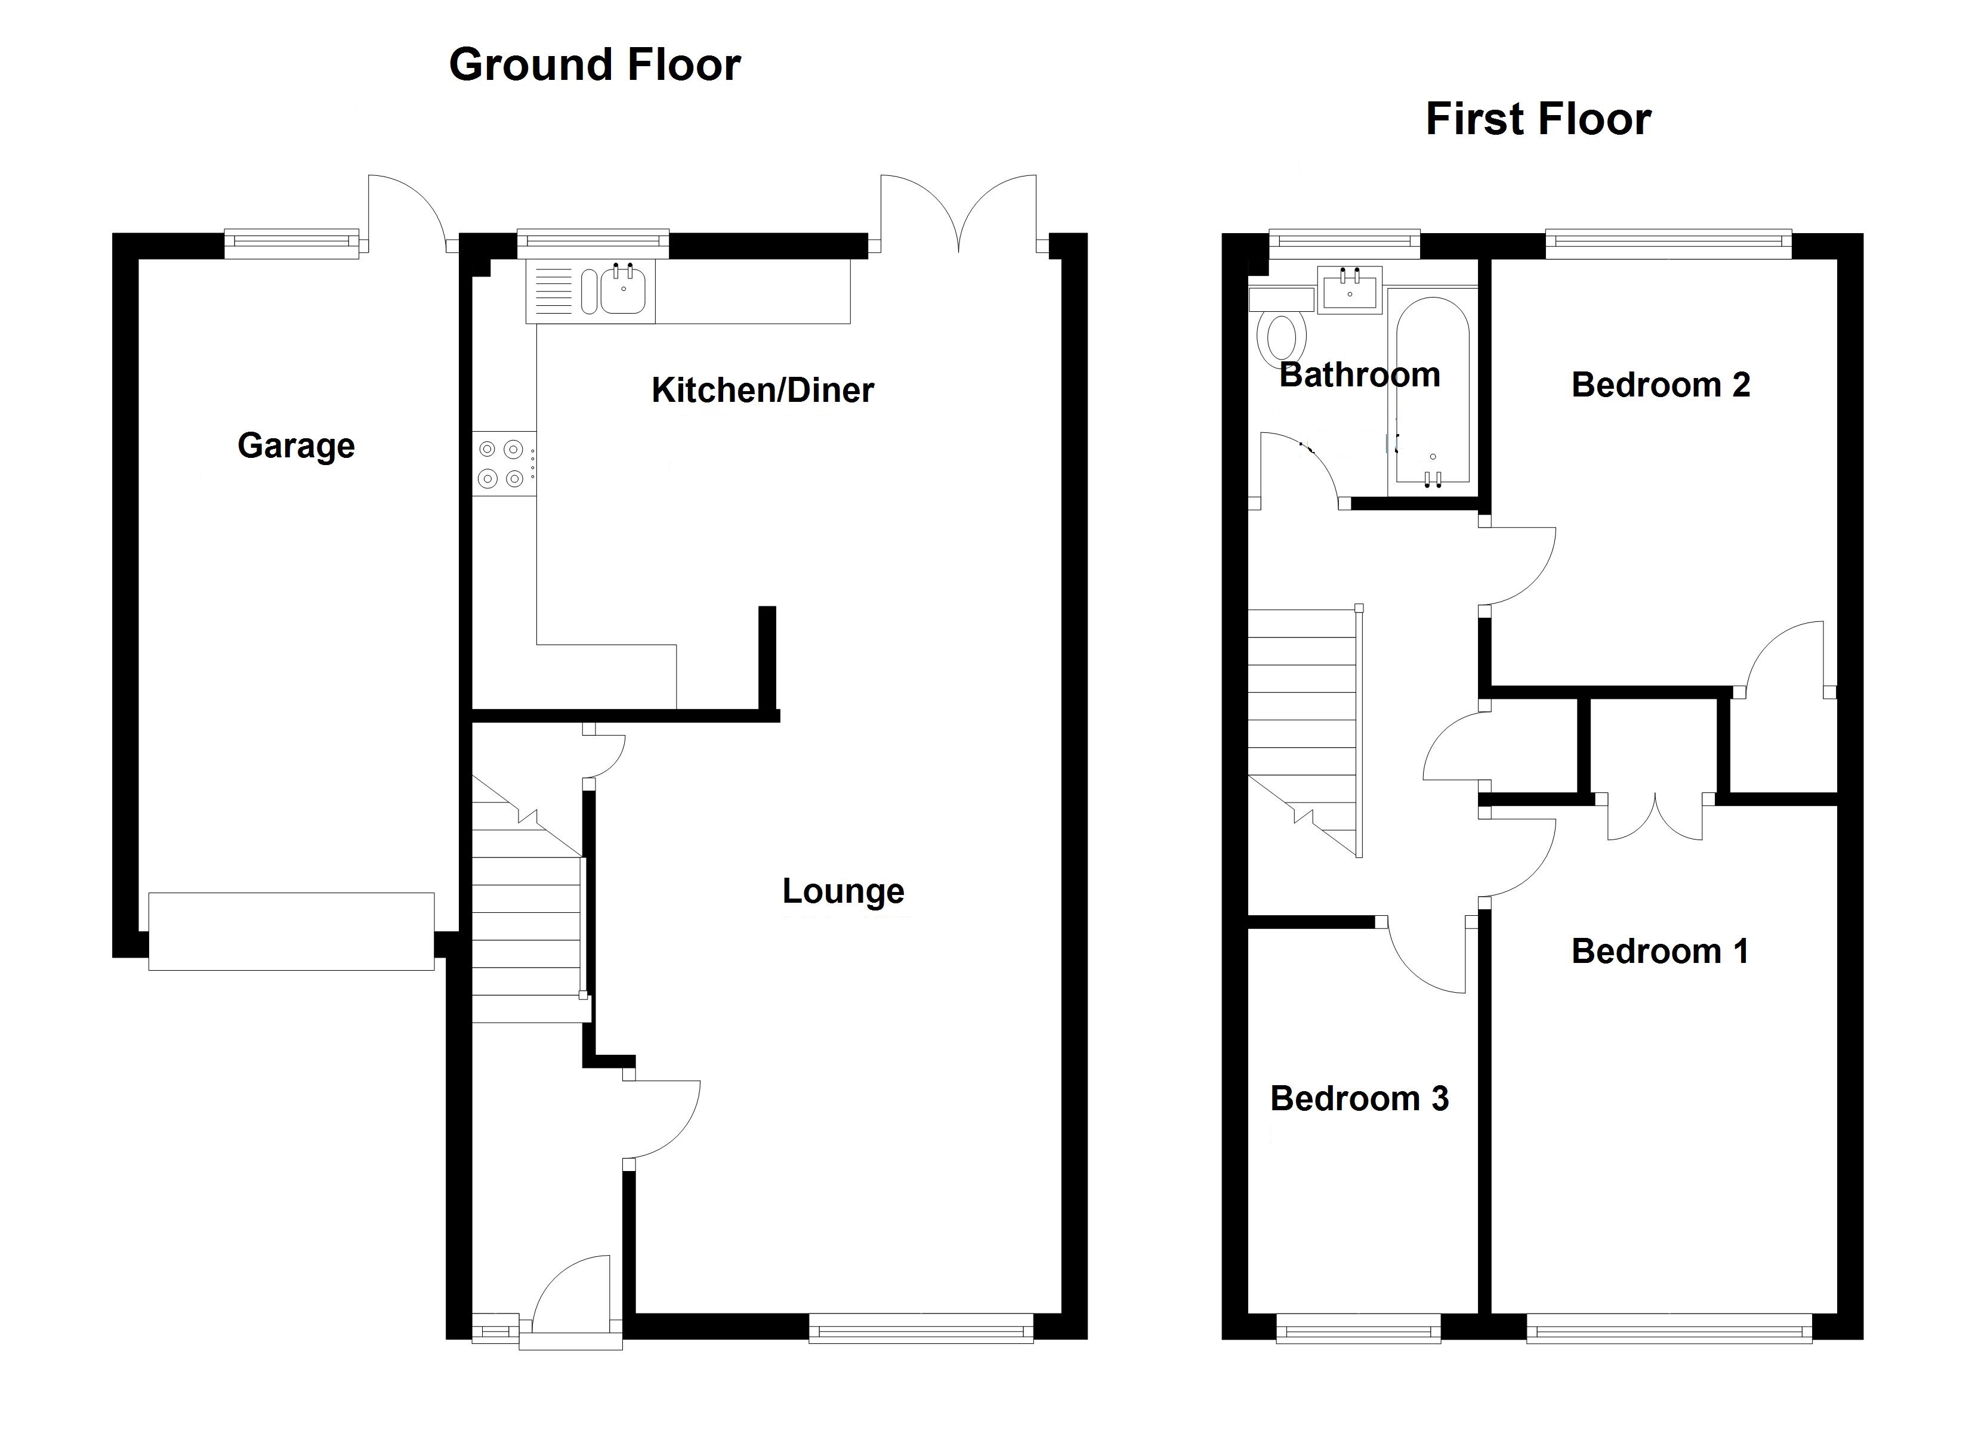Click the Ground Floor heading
tap(595, 65)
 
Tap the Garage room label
tap(296, 446)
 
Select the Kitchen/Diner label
tap(763, 391)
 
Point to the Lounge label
tap(843, 891)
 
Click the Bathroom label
tap(1360, 375)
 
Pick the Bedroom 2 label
tap(1660, 385)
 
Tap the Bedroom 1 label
tap(1660, 951)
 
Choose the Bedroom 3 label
tap(1360, 1099)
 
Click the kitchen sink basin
tap(622, 291)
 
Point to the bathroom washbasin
tap(1349, 289)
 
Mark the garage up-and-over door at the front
tap(291, 931)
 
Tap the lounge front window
tap(921, 1328)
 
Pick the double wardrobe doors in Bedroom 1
tap(1655, 818)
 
